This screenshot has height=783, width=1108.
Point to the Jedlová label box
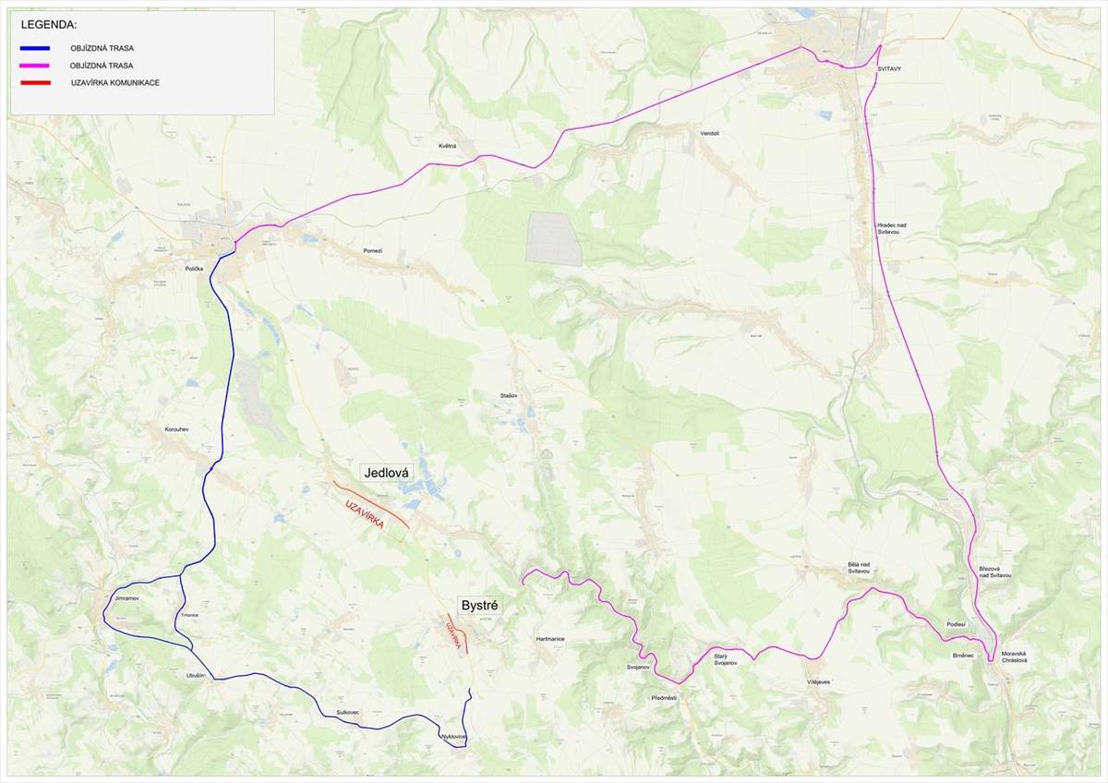[x=387, y=473]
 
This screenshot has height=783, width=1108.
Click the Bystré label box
[x=479, y=606]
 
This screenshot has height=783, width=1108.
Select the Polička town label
[x=194, y=267]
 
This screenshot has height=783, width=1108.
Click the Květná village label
[x=448, y=146]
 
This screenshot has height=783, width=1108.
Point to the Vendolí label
[x=709, y=133]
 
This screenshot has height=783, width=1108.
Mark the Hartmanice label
[x=549, y=639]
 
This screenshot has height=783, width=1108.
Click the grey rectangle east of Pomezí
[x=554, y=238]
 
